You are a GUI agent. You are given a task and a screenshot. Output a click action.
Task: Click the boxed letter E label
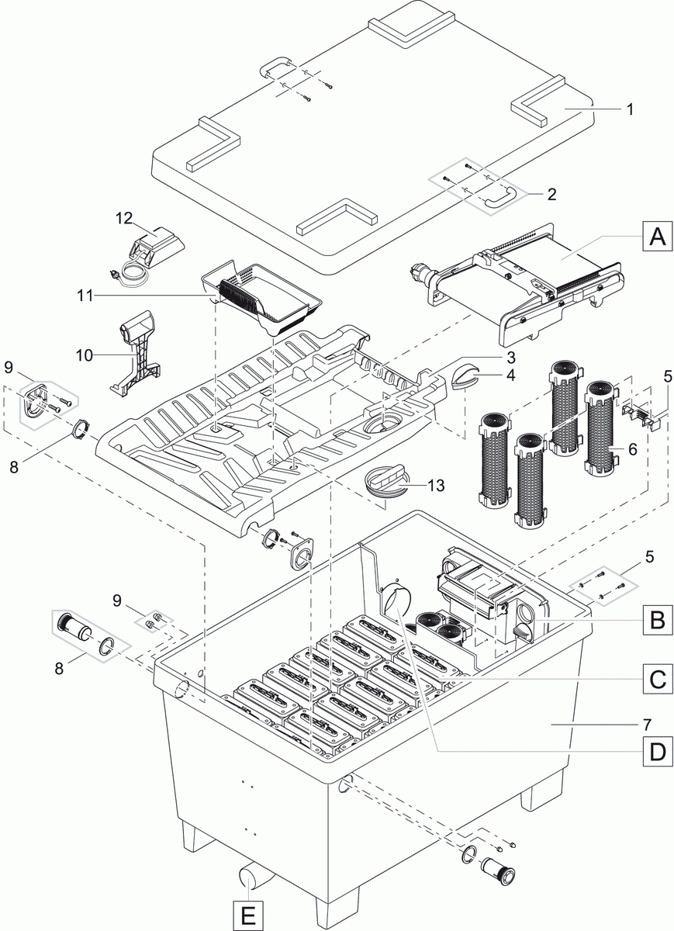[247, 915]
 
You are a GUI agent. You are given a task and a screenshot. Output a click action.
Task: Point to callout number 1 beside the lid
[630, 109]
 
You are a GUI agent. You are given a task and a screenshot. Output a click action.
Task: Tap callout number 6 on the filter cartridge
[632, 449]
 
